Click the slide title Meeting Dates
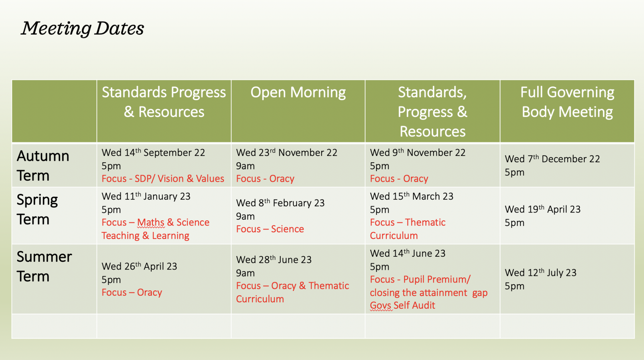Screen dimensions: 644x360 coord(83,28)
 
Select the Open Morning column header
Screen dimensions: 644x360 coord(298,93)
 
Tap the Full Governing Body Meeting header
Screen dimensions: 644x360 coord(567,102)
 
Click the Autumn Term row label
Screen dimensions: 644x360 coord(43,166)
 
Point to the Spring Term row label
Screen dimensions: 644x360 coord(37,209)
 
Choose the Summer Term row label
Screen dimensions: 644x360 coord(44,266)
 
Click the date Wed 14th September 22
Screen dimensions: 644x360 coord(153,153)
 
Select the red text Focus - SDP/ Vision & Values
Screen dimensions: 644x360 coord(163,179)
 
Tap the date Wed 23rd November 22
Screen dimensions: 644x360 coord(287,153)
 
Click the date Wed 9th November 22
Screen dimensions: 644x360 coord(418,153)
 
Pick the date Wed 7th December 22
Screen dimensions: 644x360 coord(552,159)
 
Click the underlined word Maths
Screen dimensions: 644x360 coord(151,223)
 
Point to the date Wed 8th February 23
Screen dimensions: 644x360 coord(280,203)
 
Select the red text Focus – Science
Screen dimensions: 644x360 coord(270,229)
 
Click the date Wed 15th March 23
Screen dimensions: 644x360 coord(412,196)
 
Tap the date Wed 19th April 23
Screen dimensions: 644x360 coord(543,209)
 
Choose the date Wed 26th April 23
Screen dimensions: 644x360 coord(139,266)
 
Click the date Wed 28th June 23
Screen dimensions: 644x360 coord(274,259)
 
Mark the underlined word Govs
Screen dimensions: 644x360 coord(381,306)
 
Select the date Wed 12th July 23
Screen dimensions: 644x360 coord(541,273)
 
